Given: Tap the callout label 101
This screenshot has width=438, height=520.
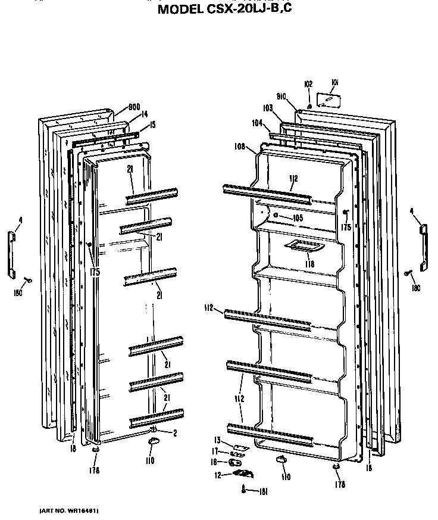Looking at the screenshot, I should [x=334, y=83].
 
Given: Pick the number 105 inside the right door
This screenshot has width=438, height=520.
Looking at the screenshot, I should [x=298, y=218].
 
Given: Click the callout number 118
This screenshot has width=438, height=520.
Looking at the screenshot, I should [x=309, y=264].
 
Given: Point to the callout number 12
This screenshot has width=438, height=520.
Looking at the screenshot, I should [x=218, y=475].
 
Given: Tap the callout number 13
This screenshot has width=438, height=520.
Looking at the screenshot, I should [x=217, y=440].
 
